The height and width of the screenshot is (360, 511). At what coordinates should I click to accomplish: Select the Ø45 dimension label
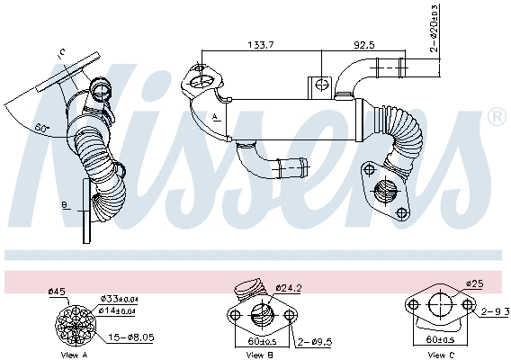tap(56, 290)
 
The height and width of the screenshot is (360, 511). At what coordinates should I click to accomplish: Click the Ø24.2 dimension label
tap(289, 289)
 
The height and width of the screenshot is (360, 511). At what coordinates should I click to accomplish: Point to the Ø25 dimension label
tap(476, 284)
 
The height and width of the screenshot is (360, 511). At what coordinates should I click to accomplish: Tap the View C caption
tap(439, 355)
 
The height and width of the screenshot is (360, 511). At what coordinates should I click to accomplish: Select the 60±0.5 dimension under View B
tap(261, 342)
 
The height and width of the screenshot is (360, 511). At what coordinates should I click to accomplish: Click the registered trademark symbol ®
tap(496, 117)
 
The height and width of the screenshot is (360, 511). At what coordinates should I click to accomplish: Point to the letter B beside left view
tap(64, 206)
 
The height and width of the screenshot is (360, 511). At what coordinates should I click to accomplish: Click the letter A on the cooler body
tap(216, 117)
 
